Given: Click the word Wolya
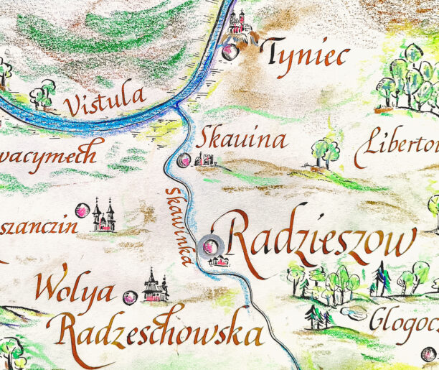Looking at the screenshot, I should [75, 291].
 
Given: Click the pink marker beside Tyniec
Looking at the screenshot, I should [230, 52].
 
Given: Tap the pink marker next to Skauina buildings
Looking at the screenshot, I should [184, 160].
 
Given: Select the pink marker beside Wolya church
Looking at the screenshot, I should [130, 297].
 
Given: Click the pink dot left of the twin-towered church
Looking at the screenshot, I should [83, 211].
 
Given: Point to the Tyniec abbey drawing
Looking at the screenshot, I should [240, 24].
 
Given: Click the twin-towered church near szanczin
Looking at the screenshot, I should [103, 216].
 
